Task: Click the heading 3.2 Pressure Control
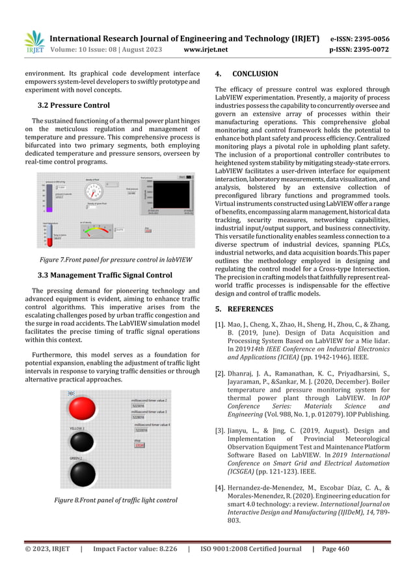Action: pyautogui.click(x=74, y=105)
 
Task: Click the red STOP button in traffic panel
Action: pyautogui.click(x=139, y=445)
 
